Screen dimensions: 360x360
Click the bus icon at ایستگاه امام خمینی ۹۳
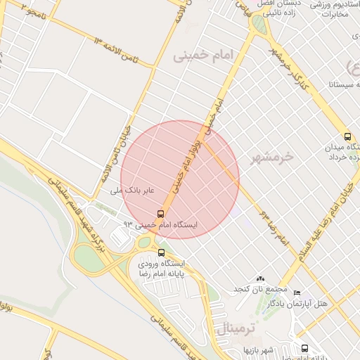click(x=161, y=214)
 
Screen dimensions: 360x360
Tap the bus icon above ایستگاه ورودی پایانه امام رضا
click(x=161, y=252)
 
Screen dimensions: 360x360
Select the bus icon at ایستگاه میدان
click(x=347, y=136)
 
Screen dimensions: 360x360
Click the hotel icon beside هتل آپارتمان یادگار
click(x=297, y=292)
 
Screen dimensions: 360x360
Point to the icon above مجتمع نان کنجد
click(x=261, y=279)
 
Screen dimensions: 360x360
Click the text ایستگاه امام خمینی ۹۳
click(x=161, y=224)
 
